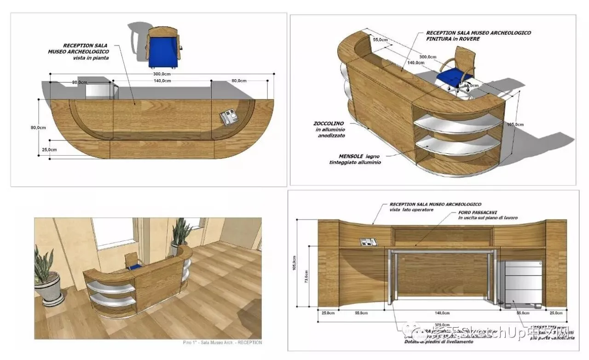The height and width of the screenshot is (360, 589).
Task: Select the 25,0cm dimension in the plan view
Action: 49,150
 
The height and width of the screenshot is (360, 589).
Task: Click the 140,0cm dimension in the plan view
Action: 162,81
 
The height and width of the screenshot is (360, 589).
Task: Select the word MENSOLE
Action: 349,157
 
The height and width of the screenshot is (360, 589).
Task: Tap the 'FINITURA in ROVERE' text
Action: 453,39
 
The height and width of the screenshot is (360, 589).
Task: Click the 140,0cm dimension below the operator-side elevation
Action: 443,313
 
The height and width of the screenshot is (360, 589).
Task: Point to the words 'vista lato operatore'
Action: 411,210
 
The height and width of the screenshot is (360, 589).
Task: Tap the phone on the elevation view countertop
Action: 366,241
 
